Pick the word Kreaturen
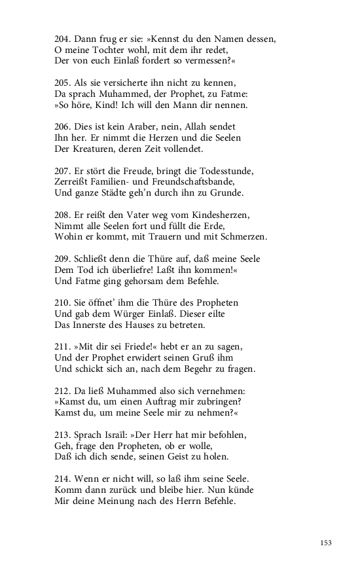coord(84,149)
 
